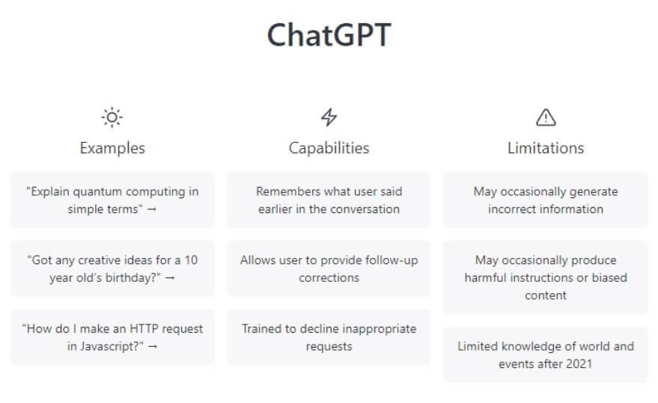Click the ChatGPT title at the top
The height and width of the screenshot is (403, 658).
pyautogui.click(x=329, y=35)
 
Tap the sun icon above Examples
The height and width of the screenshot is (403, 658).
pyautogui.click(x=112, y=117)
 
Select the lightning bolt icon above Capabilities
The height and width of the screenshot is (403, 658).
pyautogui.click(x=329, y=117)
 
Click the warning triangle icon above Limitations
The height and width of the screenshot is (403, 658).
pyautogui.click(x=546, y=117)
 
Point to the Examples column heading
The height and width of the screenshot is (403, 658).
pyautogui.click(x=112, y=148)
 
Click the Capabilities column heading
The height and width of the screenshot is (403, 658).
pyautogui.click(x=329, y=148)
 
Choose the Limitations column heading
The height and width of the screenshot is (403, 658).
pyautogui.click(x=546, y=148)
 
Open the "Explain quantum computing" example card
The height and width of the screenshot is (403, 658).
pyautogui.click(x=112, y=200)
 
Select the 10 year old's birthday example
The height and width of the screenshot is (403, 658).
pyautogui.click(x=112, y=269)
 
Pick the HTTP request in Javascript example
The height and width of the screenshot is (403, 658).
pyautogui.click(x=112, y=338)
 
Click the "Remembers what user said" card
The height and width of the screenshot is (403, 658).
pyautogui.click(x=329, y=200)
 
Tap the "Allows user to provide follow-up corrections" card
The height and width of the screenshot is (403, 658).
pyautogui.click(x=329, y=269)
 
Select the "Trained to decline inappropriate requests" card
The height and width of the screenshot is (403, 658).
pyautogui.click(x=329, y=338)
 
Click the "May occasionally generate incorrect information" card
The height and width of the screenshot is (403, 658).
pyautogui.click(x=546, y=200)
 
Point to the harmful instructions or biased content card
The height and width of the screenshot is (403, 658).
pyautogui.click(x=546, y=277)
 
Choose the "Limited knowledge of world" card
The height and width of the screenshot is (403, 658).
pyautogui.click(x=546, y=354)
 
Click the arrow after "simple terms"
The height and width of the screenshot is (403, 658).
pyautogui.click(x=151, y=209)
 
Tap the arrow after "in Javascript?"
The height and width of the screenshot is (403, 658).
pyautogui.click(x=153, y=346)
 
